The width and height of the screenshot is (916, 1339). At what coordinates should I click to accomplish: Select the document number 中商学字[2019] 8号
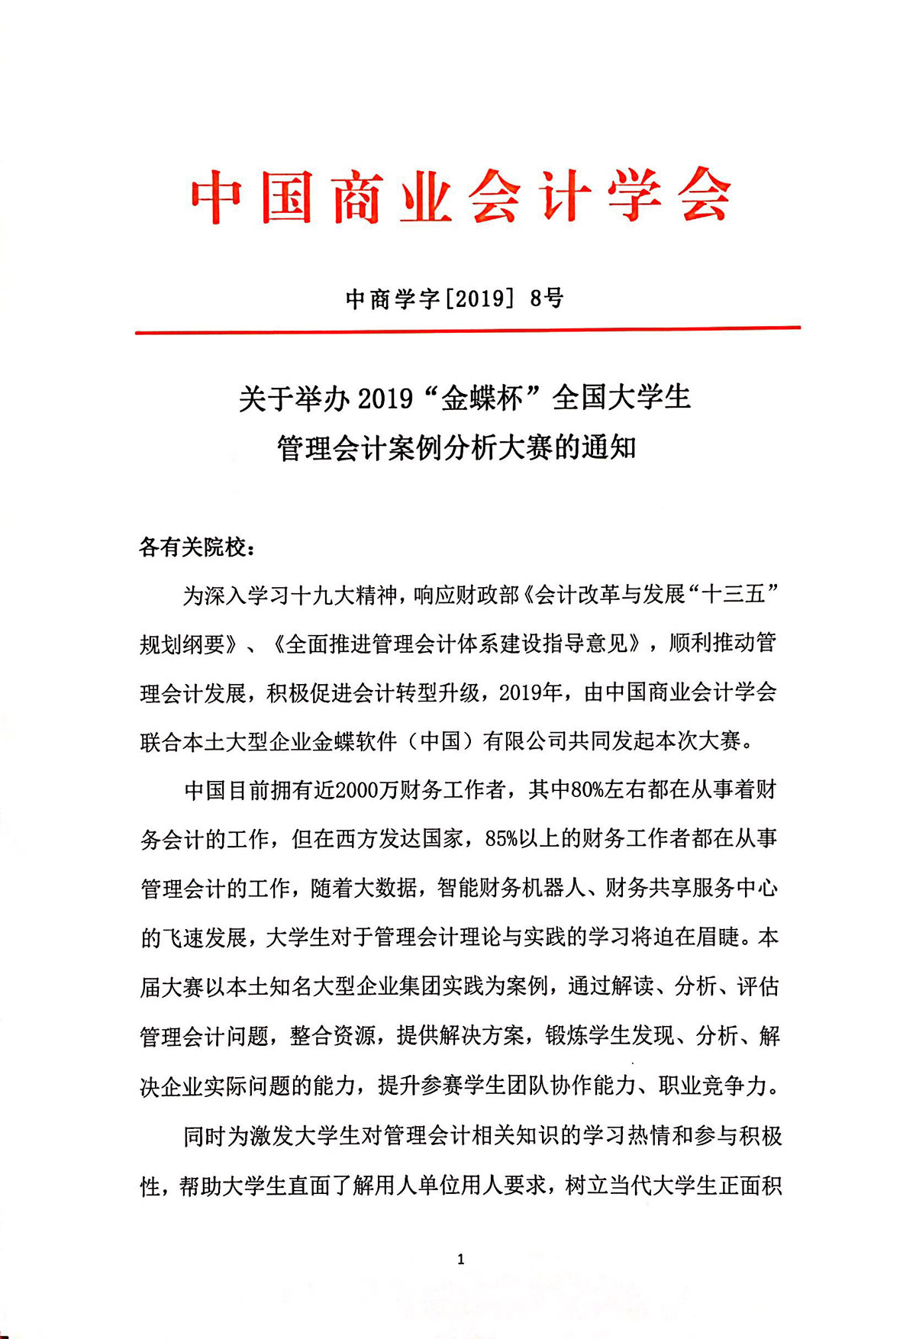click(x=454, y=298)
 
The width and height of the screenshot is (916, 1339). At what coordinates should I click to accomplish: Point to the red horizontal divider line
click(x=467, y=331)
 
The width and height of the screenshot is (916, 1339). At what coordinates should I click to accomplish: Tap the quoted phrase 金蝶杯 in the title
click(x=482, y=398)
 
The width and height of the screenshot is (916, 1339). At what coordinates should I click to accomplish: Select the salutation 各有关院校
click(x=192, y=547)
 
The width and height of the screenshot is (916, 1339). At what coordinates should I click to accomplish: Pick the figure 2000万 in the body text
click(x=366, y=790)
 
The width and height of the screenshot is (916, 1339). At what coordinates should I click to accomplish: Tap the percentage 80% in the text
click(x=587, y=790)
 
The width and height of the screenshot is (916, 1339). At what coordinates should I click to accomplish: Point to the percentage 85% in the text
click(x=501, y=839)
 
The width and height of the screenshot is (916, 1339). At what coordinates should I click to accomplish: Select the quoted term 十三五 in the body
click(x=733, y=595)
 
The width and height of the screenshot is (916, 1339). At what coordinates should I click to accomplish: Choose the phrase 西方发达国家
click(x=399, y=839)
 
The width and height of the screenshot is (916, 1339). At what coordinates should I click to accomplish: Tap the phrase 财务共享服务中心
click(x=692, y=888)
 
